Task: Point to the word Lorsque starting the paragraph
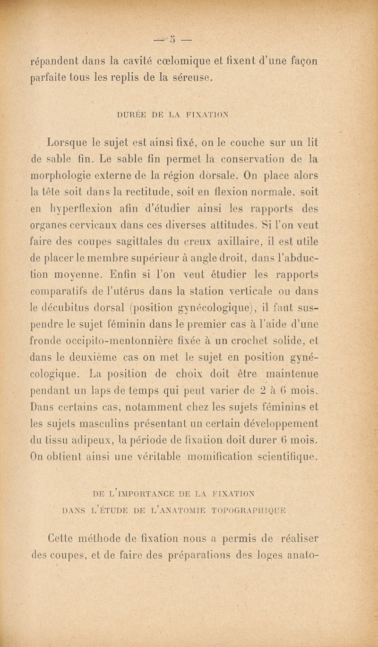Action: (x=68, y=141)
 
